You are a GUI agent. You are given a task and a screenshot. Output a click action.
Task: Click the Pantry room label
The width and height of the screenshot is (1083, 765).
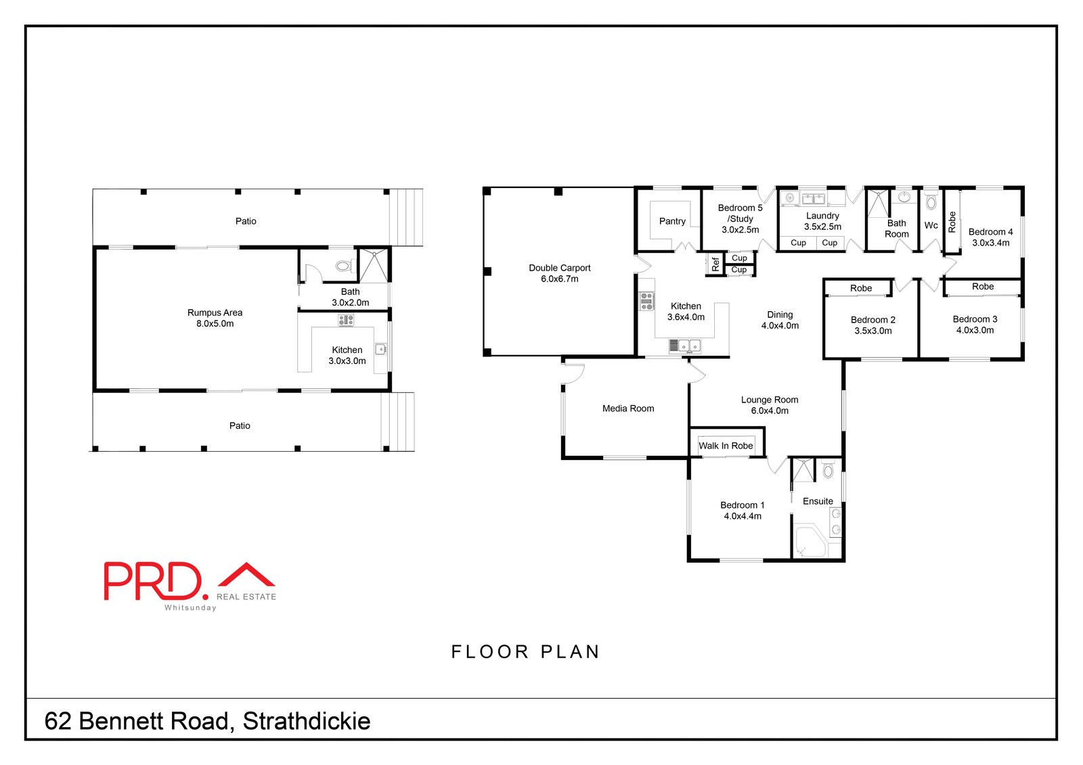(x=672, y=221)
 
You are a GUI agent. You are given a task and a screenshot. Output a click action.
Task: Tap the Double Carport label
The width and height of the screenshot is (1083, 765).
(x=560, y=268)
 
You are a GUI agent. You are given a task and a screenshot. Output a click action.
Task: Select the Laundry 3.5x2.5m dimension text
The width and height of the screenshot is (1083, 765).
(x=822, y=227)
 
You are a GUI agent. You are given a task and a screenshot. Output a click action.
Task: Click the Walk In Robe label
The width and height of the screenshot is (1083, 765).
(x=726, y=446)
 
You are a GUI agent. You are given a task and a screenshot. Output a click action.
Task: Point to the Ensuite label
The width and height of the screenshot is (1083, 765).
(x=818, y=501)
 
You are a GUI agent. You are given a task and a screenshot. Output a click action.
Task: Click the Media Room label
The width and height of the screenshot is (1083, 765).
(x=628, y=409)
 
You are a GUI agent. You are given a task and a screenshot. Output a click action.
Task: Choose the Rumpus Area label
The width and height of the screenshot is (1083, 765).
(x=215, y=312)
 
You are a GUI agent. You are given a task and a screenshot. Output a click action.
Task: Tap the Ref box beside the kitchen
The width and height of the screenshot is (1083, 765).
(x=715, y=264)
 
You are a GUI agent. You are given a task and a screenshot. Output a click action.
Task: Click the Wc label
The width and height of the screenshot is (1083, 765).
(x=931, y=225)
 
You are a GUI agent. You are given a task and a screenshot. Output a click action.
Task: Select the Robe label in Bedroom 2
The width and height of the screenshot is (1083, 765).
(x=861, y=288)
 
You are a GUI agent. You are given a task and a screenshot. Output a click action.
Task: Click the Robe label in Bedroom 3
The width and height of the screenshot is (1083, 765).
(x=983, y=287)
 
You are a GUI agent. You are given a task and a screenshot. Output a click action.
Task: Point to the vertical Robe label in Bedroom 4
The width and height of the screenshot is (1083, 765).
(x=952, y=222)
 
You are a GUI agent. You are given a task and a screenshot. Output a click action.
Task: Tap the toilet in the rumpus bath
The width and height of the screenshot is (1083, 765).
(x=345, y=266)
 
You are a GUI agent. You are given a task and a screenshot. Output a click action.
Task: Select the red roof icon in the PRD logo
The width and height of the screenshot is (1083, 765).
(x=246, y=576)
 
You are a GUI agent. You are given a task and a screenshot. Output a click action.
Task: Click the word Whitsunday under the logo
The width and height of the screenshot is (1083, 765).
(x=190, y=607)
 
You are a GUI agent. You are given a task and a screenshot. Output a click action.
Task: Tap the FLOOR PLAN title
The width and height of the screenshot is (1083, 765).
(x=525, y=651)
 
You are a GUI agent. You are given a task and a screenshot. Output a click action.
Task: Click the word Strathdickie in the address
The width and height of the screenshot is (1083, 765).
(x=307, y=721)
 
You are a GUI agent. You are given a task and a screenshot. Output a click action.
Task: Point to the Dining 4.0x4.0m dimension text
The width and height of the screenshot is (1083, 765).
(x=780, y=325)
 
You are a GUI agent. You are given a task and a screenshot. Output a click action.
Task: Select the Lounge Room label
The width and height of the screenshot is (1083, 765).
(x=770, y=400)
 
